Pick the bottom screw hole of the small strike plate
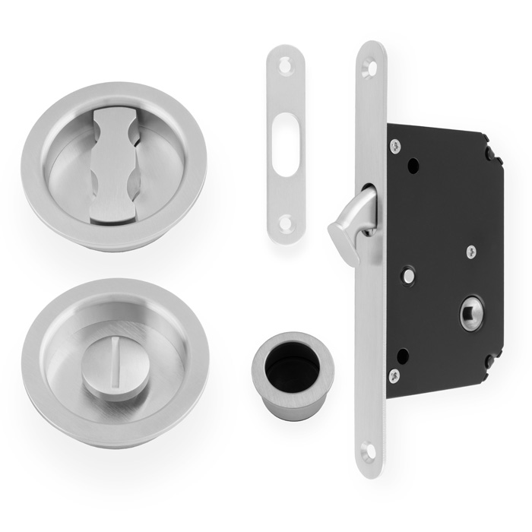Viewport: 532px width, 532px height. tap(287, 223)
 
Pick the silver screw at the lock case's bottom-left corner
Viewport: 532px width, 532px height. tap(394, 374)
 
